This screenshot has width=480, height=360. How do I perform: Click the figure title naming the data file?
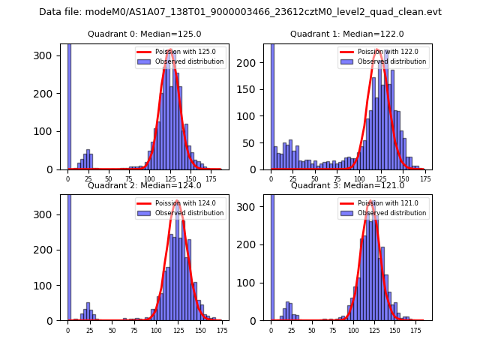[240, 12]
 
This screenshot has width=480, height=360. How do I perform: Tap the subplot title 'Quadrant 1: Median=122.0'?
[346, 34]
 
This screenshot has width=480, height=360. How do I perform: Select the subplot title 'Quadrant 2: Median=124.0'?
[144, 185]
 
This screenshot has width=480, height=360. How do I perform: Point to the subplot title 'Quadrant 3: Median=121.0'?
[347, 185]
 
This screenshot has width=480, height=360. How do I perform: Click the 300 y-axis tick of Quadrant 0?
[47, 55]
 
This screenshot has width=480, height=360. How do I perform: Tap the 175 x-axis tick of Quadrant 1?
[424, 178]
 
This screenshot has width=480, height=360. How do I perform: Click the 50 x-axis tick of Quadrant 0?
[109, 178]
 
